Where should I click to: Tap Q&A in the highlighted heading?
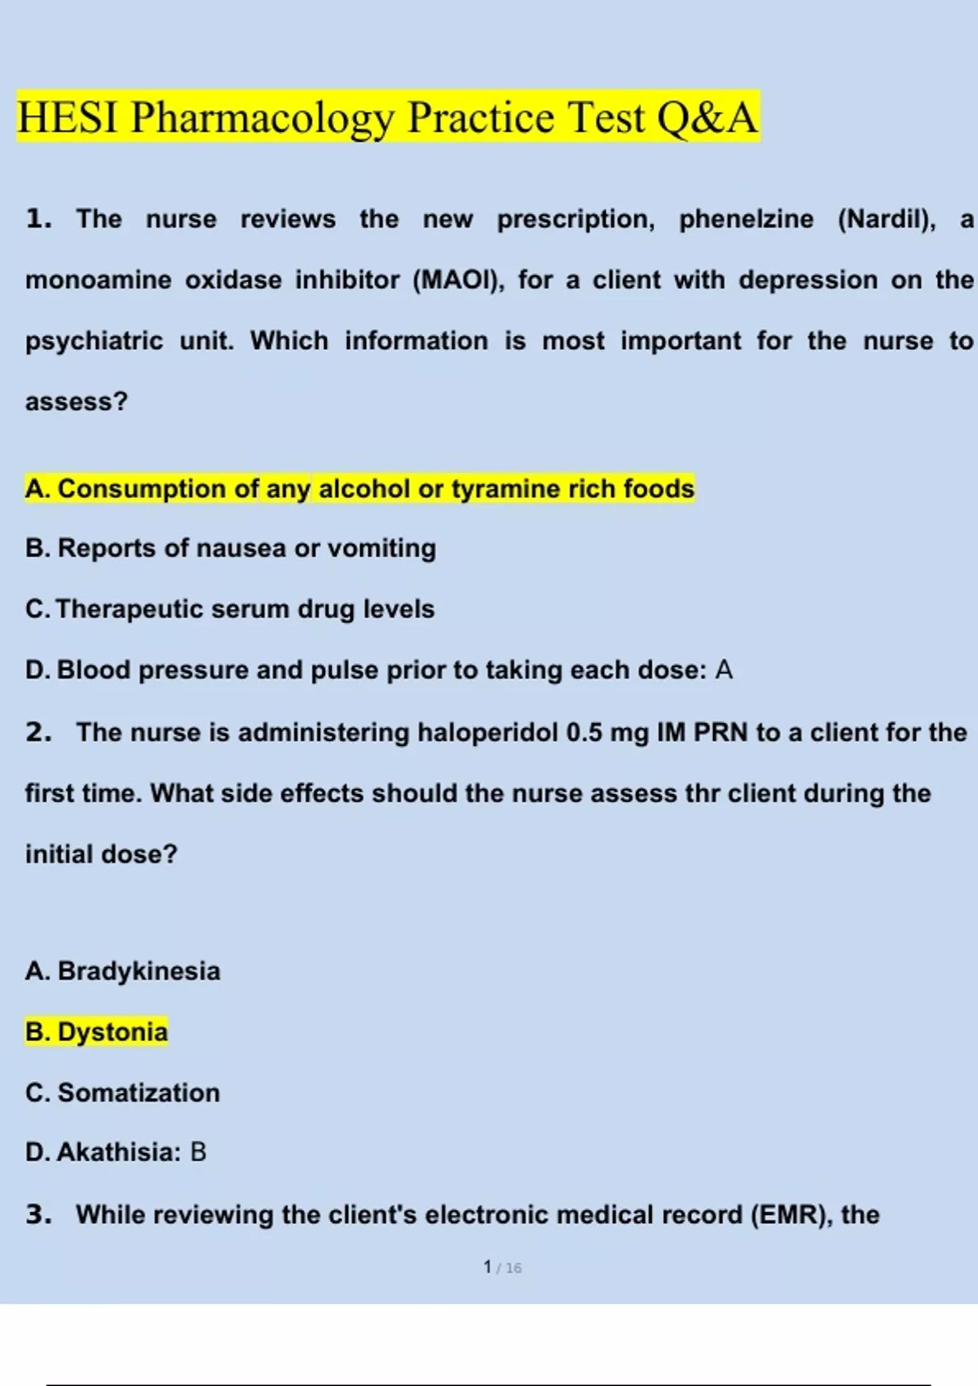tap(707, 117)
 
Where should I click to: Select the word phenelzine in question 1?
tap(746, 219)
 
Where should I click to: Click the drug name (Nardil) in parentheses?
tap(887, 219)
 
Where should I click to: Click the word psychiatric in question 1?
tap(94, 341)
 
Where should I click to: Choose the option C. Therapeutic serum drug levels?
tap(230, 609)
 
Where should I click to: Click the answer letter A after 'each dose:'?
tap(724, 670)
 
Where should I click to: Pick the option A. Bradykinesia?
tap(123, 971)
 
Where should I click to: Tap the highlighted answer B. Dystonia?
tap(96, 1032)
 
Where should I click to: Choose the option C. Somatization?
tap(123, 1092)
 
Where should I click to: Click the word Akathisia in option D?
tap(118, 1152)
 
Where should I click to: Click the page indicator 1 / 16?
tap(502, 1268)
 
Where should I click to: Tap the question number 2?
tap(37, 732)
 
